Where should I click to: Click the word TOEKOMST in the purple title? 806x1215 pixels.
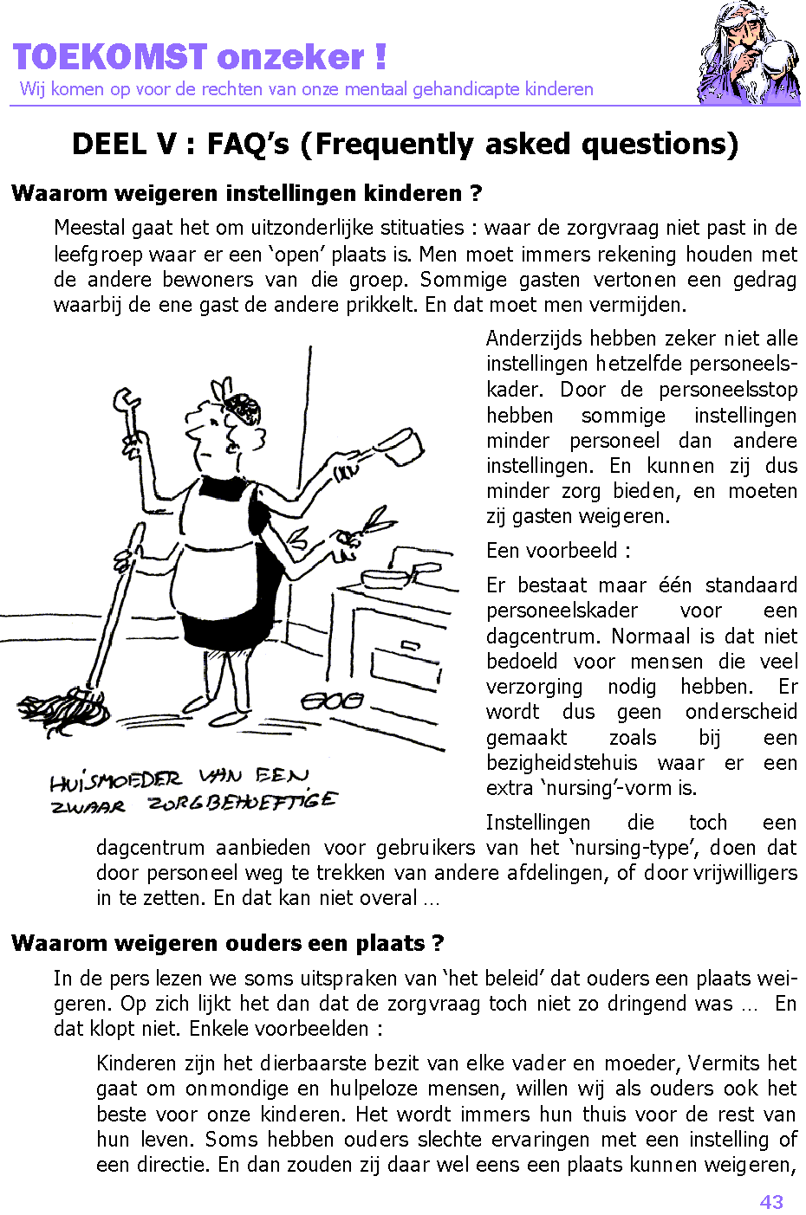tap(110, 57)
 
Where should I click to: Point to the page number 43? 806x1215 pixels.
tap(770, 1201)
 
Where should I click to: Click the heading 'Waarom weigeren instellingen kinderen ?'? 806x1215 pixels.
tap(247, 193)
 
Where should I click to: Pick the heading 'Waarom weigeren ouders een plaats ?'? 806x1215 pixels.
tap(228, 943)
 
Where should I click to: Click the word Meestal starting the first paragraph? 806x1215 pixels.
tap(89, 228)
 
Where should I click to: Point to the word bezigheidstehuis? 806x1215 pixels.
tap(562, 763)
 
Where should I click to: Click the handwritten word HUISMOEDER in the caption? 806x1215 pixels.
tap(115, 782)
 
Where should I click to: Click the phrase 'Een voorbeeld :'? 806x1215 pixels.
tap(558, 551)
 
